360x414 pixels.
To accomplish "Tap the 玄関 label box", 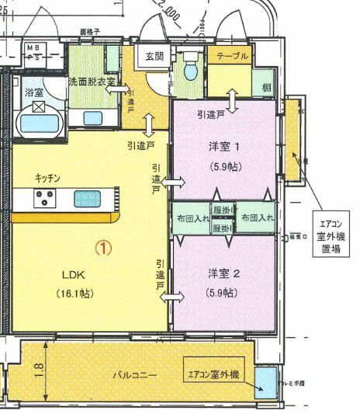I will (154, 56).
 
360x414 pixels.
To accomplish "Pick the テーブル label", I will (232, 56).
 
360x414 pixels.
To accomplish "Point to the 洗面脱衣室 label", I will (92, 80).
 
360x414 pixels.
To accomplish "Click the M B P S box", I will (35, 51).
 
